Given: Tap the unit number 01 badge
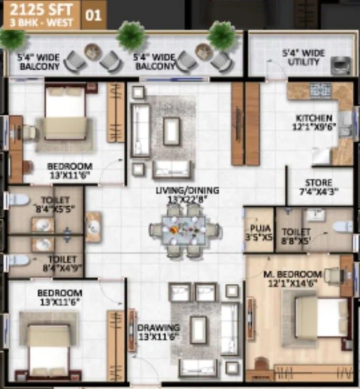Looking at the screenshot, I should (93, 14).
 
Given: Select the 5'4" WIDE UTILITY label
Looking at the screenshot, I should (302, 58).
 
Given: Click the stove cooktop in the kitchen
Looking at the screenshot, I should (320, 88).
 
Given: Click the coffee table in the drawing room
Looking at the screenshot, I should (199, 330).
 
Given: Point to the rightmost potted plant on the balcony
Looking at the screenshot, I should (222, 35).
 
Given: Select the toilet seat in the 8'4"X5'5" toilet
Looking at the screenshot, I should (19, 200).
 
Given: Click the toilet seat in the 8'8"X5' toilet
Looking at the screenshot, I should (342, 227).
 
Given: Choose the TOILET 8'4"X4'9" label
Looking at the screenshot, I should (62, 263).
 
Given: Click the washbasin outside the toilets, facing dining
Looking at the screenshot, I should (93, 227).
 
